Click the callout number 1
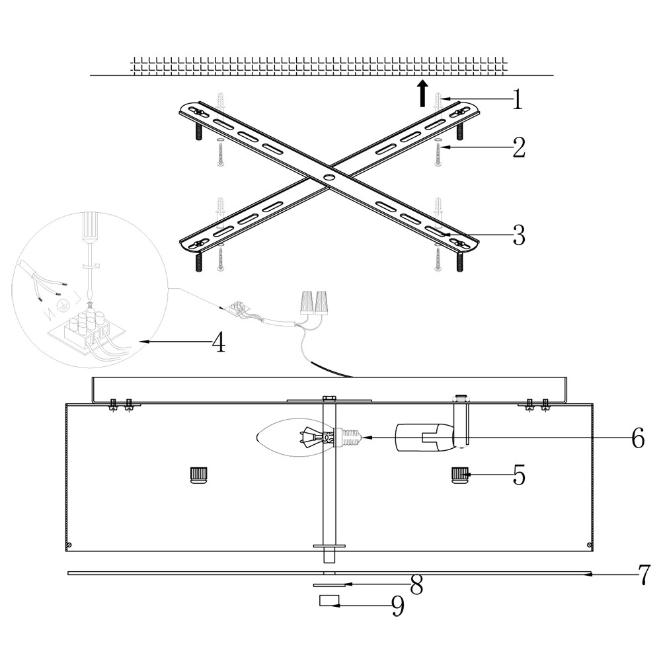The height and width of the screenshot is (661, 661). (518, 100)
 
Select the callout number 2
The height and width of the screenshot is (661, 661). (519, 147)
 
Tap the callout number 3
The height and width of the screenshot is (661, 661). (519, 235)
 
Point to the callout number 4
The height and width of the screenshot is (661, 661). (218, 342)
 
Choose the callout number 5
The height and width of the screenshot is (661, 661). (519, 475)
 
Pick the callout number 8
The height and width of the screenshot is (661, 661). (416, 585)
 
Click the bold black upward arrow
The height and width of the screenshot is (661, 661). (422, 94)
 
